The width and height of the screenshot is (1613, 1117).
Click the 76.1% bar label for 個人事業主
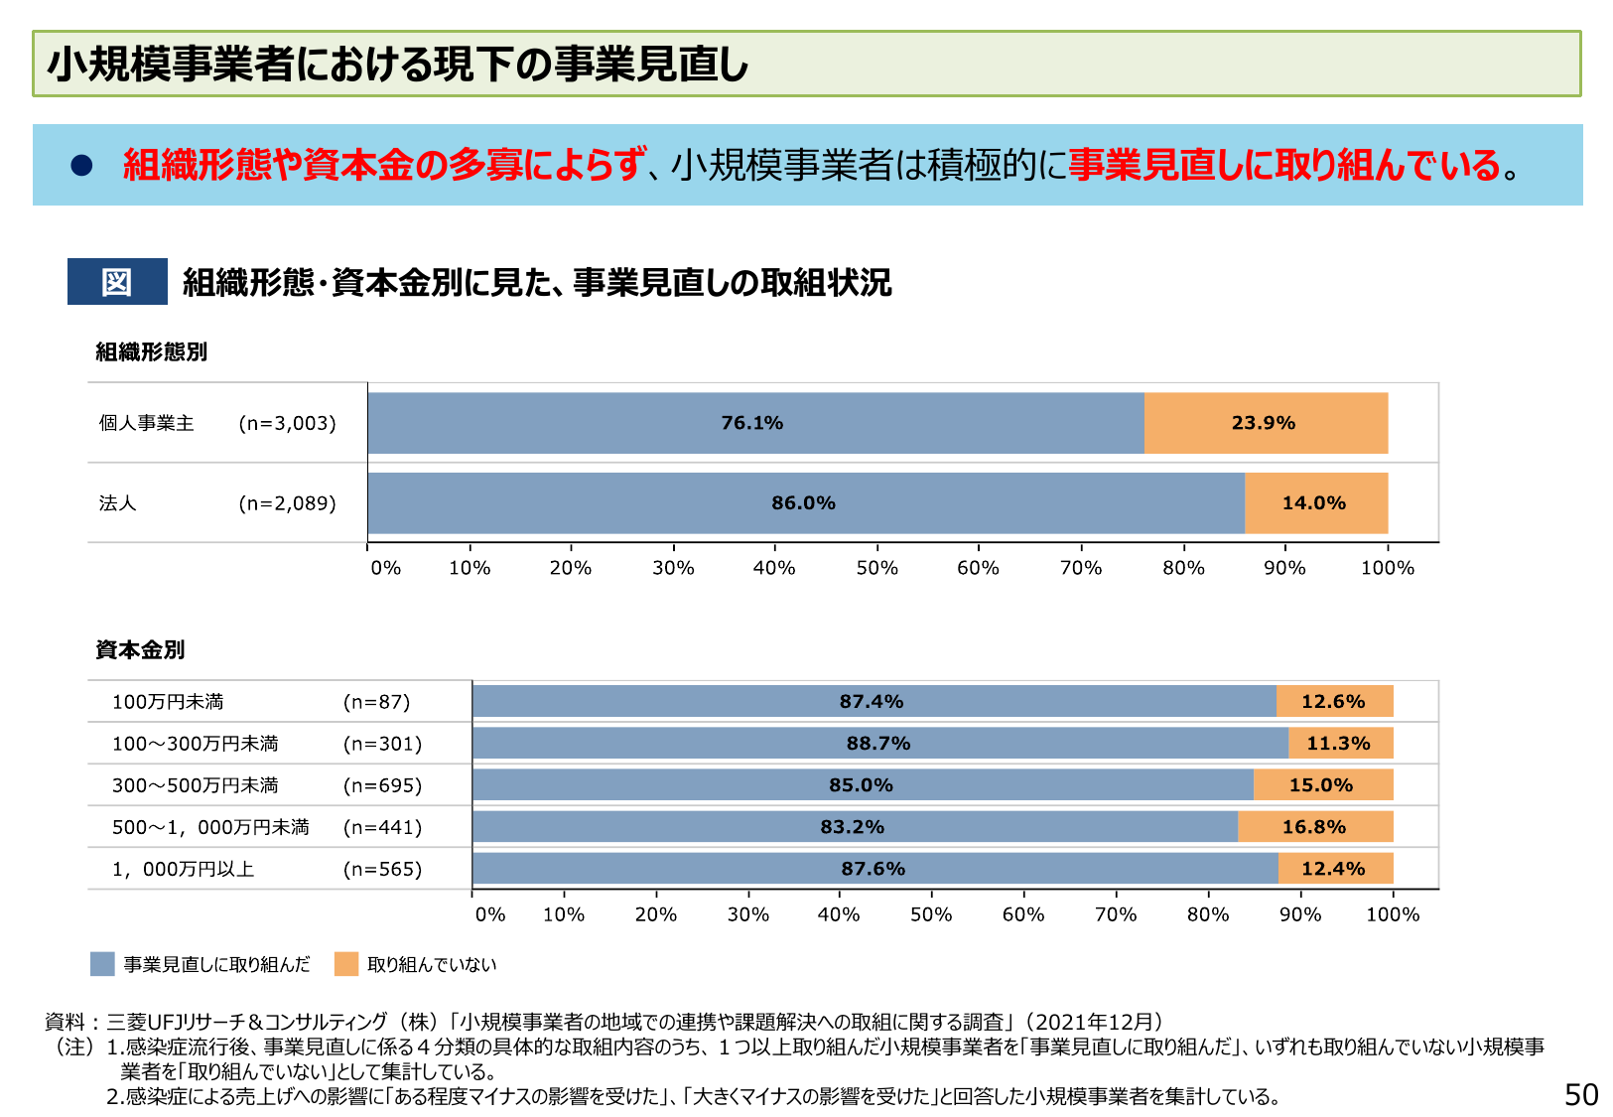(751, 423)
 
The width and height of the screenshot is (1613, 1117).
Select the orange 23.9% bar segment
(1265, 423)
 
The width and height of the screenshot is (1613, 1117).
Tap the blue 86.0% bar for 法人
(804, 503)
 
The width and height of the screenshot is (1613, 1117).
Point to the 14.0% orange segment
(1314, 503)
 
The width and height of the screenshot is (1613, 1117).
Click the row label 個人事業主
(147, 424)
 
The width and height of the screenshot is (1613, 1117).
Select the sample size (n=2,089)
(288, 503)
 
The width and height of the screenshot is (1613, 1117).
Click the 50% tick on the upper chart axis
(877, 568)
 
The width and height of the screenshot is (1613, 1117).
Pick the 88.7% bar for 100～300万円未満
(878, 744)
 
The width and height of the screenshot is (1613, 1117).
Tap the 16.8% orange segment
(1314, 827)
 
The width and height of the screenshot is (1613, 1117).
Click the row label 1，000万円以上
(184, 870)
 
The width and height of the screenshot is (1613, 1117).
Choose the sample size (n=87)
(377, 702)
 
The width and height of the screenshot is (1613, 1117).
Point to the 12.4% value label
(1333, 869)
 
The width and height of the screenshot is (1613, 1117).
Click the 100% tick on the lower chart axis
(1393, 914)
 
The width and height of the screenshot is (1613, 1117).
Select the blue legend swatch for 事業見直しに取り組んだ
(102, 964)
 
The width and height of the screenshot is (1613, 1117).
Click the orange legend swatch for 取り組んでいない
(346, 964)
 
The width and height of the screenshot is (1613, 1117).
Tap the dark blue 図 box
(117, 282)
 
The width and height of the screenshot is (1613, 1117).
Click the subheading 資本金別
(140, 650)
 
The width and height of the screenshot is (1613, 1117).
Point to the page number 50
(1581, 1094)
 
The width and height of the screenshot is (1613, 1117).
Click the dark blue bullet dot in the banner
(81, 166)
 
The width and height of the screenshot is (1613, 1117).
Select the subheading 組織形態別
(151, 352)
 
